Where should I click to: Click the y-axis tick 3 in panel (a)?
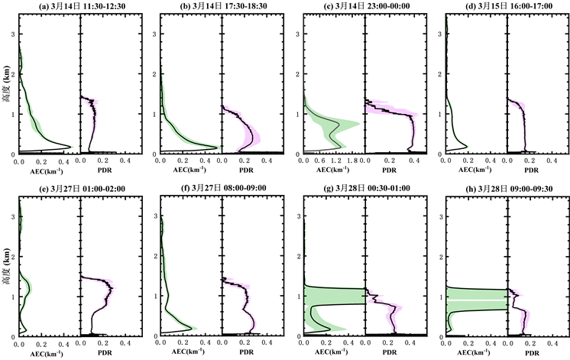pos(14,34)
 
